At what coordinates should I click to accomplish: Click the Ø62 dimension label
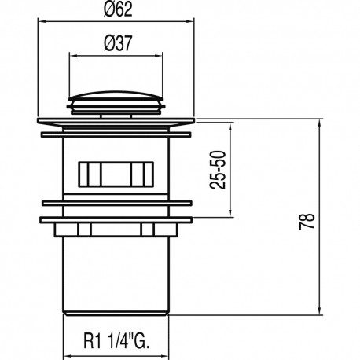pyautogui.click(x=118, y=10)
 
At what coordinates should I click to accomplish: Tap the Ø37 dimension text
pyautogui.click(x=118, y=43)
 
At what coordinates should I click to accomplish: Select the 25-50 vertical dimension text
pyautogui.click(x=218, y=170)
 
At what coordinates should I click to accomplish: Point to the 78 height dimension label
pyautogui.click(x=307, y=222)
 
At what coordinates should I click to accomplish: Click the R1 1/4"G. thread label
pyautogui.click(x=116, y=340)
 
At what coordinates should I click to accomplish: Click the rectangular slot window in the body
pyautogui.click(x=116, y=174)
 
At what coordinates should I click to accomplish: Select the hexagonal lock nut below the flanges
pyautogui.click(x=116, y=230)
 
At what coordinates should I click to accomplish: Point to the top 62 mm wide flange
pyautogui.click(x=116, y=121)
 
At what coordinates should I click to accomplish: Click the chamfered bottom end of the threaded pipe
pyautogui.click(x=116, y=313)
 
